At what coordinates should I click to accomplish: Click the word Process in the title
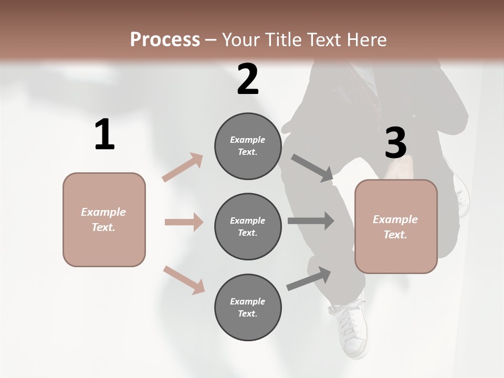tap(165, 39)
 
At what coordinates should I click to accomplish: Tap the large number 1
tap(104, 135)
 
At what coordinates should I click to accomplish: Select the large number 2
tap(248, 80)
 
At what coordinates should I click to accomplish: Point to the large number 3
tap(395, 143)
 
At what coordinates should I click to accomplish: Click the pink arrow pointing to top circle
tap(183, 167)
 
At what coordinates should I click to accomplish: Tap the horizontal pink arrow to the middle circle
tap(184, 222)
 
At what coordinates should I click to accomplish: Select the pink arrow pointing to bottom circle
tap(184, 280)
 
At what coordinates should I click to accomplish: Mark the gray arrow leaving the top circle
tap(312, 168)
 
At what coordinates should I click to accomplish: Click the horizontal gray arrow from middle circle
tap(311, 221)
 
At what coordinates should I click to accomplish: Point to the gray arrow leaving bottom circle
tap(309, 279)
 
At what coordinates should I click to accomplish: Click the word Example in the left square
tap(103, 212)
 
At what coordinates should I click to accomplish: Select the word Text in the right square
tap(394, 235)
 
